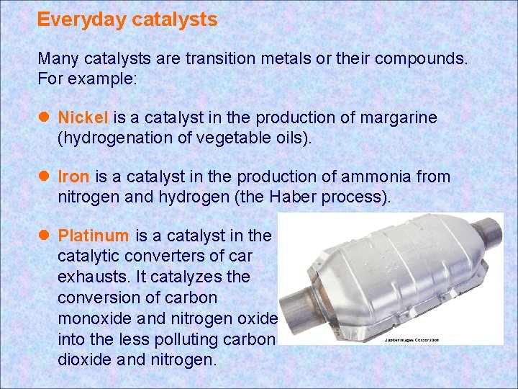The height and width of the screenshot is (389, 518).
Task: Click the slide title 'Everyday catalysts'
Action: coord(127,19)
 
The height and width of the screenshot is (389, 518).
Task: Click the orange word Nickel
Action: coord(83,117)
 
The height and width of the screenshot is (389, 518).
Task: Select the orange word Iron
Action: coord(73,176)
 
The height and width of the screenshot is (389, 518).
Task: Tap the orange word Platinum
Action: coord(94,236)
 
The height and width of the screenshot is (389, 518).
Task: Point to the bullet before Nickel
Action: coord(44,117)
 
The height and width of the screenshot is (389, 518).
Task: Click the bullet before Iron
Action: coord(44,176)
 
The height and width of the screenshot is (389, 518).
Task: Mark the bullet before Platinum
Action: coord(44,236)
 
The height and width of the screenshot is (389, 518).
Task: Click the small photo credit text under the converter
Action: coord(411,339)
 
